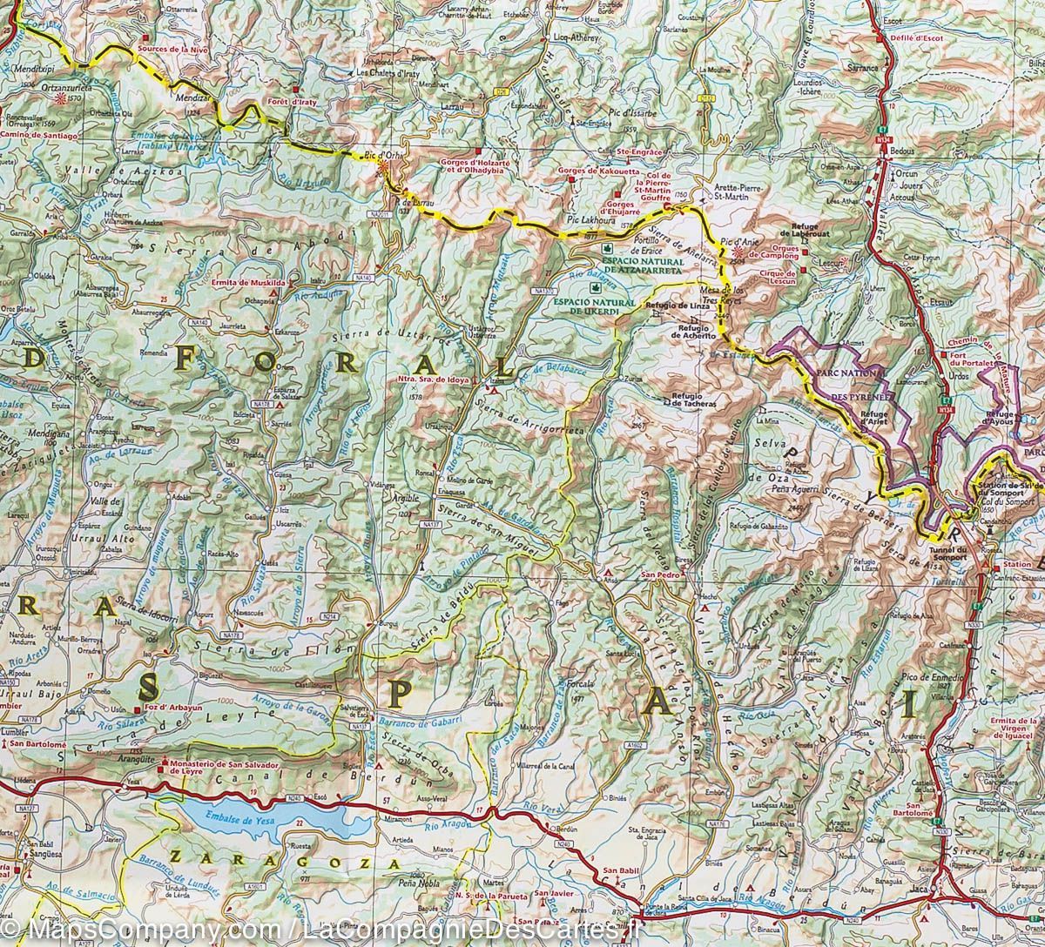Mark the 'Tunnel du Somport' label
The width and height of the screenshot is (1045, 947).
[x=948, y=554]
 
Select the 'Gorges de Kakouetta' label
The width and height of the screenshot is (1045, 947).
[x=603, y=171]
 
